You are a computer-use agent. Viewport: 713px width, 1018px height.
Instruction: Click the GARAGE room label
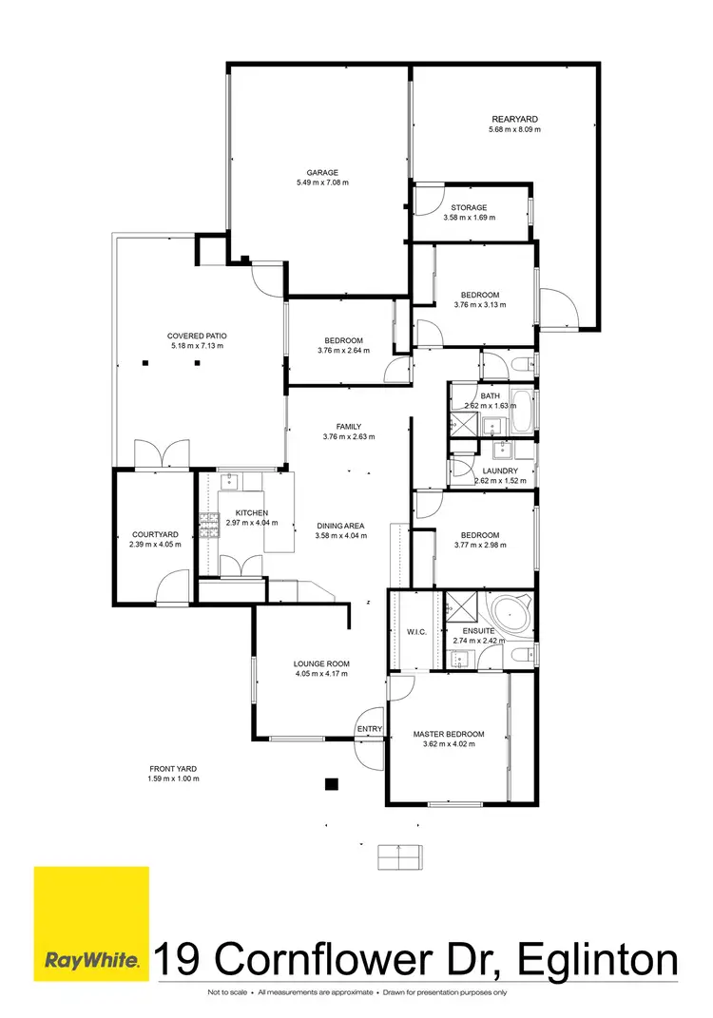(322, 172)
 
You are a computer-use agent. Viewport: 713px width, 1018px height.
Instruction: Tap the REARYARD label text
(513, 119)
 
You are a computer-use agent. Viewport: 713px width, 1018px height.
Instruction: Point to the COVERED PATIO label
(197, 336)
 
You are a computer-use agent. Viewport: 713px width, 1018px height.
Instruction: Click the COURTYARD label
(155, 534)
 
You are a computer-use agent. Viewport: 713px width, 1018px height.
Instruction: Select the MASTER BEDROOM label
(449, 734)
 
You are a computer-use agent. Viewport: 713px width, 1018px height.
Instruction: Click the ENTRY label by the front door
(369, 729)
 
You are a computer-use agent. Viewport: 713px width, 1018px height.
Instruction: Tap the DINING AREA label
(340, 526)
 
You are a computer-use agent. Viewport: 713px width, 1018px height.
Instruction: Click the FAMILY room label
(349, 427)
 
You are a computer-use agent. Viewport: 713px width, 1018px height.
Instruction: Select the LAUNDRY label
(500, 471)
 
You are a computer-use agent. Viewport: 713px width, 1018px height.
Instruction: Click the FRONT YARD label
(173, 768)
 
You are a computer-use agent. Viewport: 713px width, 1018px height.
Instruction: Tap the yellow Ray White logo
(91, 923)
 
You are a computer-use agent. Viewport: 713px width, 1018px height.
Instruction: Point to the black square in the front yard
(331, 784)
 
